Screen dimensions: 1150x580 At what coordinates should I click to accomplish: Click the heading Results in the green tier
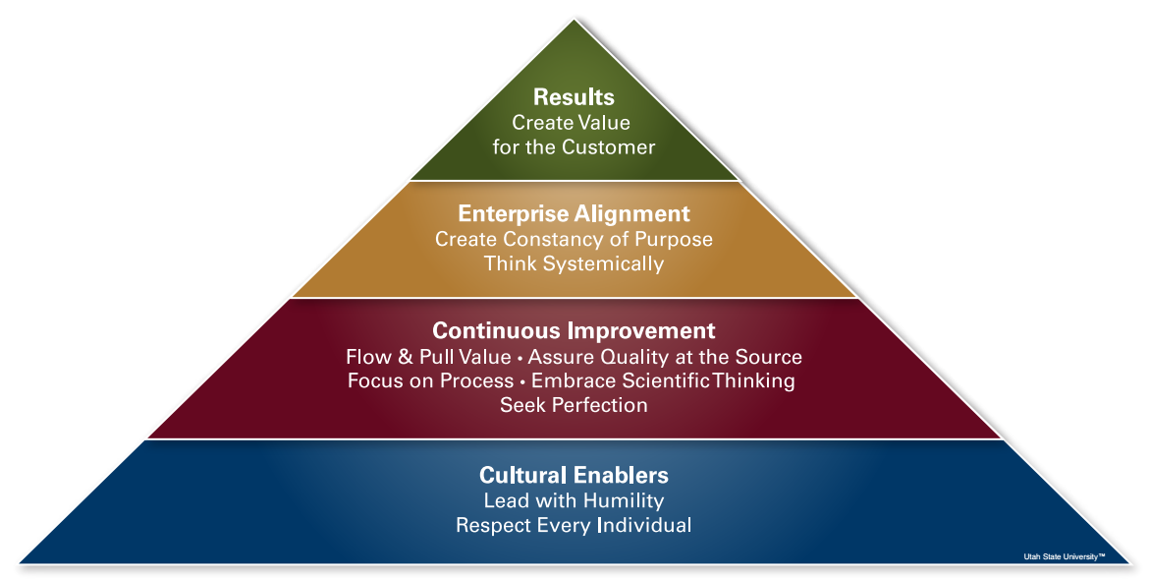574,97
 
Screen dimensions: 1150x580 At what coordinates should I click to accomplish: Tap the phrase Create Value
572,122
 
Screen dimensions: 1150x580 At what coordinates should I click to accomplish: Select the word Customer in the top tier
609,146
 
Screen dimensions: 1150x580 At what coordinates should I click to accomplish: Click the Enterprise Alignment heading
574,213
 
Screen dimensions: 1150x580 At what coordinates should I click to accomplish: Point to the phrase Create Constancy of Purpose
574,239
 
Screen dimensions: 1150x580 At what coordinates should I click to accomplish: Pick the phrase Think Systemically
574,263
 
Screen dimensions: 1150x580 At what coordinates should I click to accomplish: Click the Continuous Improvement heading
574,330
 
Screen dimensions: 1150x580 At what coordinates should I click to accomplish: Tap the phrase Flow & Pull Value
428,357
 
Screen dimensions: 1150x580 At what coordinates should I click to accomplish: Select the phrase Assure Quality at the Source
665,357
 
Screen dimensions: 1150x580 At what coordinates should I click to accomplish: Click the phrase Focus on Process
430,381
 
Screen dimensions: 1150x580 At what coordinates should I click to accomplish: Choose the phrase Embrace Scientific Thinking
663,381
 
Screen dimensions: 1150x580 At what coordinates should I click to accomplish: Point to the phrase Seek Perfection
574,405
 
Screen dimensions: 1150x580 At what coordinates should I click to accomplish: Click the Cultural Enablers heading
574,475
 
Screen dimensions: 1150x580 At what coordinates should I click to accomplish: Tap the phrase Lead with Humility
574,500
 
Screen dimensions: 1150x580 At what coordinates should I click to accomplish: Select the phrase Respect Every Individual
574,525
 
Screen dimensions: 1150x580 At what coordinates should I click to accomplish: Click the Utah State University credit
1065,557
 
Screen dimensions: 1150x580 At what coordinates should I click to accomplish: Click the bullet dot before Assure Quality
520,358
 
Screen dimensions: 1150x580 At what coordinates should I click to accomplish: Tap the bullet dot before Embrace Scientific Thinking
522,381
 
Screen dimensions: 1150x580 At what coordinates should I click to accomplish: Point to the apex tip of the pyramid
575,19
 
